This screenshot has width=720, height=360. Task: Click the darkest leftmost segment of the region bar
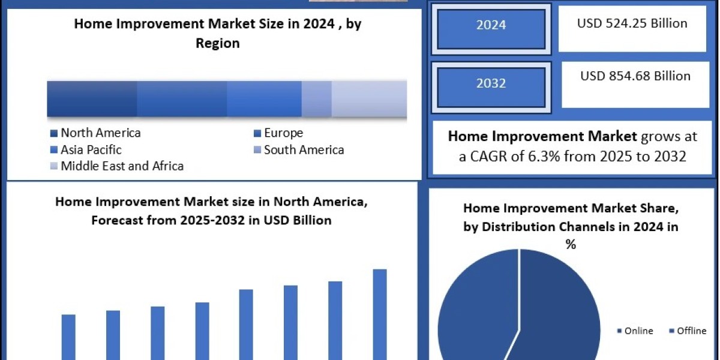(x=92, y=98)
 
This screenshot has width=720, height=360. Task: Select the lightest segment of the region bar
(x=369, y=98)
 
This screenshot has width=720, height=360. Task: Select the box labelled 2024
(x=491, y=25)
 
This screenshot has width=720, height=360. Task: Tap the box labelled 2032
(x=491, y=83)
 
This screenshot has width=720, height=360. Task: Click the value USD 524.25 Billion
(x=632, y=24)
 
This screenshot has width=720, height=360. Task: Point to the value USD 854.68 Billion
(x=635, y=76)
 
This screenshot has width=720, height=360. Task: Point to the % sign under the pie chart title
(x=571, y=244)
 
